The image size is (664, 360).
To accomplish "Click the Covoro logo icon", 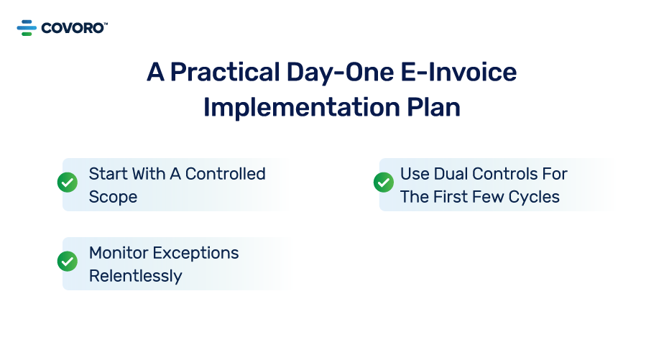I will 27,28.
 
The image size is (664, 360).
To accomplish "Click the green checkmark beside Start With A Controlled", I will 68,183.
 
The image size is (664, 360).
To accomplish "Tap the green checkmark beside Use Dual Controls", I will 384,183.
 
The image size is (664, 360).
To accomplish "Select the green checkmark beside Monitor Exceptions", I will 68,262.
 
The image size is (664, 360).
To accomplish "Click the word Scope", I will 113,197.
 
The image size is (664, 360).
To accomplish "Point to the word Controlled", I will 225,174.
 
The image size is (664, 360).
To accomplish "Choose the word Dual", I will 450,174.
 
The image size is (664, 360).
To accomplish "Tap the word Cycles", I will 535,197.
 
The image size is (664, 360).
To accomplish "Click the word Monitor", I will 117,253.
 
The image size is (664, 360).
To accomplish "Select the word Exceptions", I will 195,253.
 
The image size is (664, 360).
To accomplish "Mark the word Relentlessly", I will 135,276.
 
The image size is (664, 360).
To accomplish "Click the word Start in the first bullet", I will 108,174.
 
